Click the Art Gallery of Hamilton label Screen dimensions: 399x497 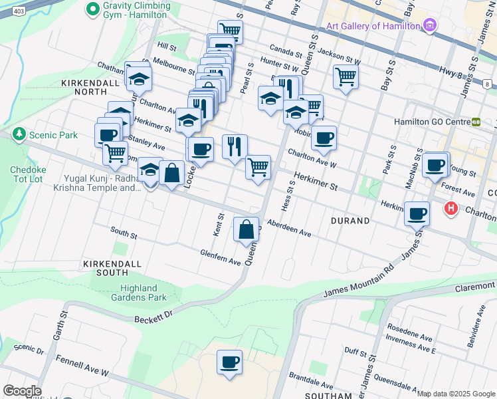point(373,26)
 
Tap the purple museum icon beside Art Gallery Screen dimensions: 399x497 point(430,26)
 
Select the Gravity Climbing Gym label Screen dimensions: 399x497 point(137,10)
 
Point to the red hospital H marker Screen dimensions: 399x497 point(451,209)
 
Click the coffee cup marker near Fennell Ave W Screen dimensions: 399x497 point(230,362)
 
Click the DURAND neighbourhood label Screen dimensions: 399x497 point(350,221)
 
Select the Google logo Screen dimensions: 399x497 point(22,391)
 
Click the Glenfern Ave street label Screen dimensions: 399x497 point(221,257)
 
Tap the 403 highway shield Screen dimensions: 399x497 point(19,12)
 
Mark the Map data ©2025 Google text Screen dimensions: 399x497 point(456,394)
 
